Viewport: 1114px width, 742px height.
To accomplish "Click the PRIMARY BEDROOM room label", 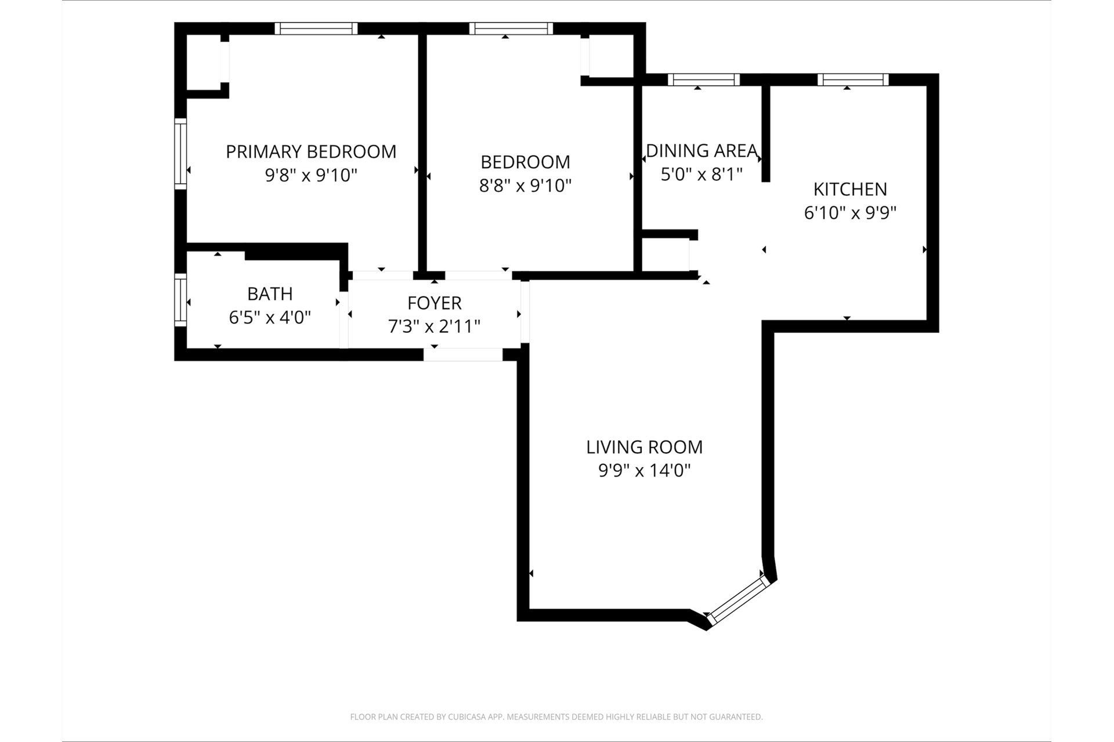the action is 311,152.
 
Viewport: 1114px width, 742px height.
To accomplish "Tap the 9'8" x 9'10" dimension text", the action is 311,175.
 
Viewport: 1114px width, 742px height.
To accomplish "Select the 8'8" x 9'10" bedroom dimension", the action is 526,185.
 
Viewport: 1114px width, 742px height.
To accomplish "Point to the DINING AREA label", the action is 702,151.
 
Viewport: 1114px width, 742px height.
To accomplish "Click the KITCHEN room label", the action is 850,190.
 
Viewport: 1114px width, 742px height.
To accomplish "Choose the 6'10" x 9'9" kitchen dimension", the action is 850,213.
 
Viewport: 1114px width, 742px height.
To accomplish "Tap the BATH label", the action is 270,294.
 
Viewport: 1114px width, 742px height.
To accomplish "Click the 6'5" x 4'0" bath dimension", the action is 270,318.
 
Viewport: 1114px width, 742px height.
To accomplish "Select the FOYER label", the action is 435,303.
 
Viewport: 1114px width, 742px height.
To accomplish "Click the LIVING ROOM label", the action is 645,447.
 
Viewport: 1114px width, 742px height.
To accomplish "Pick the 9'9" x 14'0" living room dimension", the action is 645,471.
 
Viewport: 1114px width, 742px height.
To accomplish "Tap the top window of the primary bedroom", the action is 316,28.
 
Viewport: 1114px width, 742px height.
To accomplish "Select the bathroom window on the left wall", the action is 180,300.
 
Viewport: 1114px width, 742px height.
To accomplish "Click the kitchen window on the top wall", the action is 853,79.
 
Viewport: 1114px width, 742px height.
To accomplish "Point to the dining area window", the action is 704,79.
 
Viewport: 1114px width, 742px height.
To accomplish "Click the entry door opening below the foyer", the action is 463,355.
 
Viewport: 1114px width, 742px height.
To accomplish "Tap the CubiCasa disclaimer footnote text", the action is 556,717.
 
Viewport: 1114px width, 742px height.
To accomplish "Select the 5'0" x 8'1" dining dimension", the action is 702,174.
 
